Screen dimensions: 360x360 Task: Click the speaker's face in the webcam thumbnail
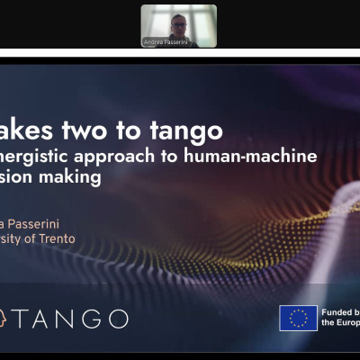click(180, 22)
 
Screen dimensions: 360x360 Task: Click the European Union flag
click(298, 318)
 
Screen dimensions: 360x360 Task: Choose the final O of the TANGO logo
click(116, 319)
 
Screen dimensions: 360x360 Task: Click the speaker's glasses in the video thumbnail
click(180, 21)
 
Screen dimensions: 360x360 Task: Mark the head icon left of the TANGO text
click(4, 319)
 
